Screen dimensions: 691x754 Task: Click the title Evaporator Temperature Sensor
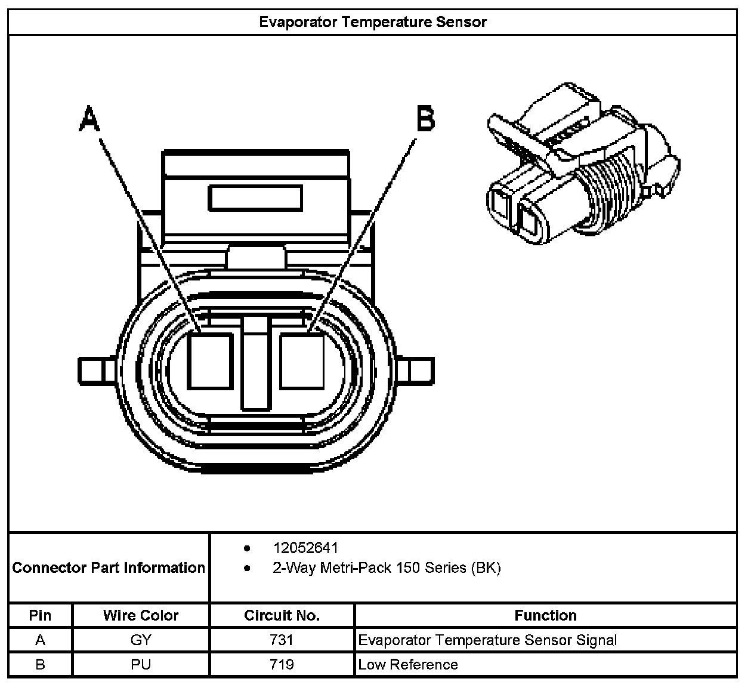pyautogui.click(x=373, y=22)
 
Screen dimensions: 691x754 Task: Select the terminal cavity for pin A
pyautogui.click(x=209, y=361)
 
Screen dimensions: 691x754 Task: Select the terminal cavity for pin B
pyautogui.click(x=302, y=361)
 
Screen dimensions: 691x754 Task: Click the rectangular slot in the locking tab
pyautogui.click(x=255, y=198)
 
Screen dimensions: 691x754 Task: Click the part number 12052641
pyautogui.click(x=305, y=548)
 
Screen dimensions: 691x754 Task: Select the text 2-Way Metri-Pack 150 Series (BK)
pyautogui.click(x=387, y=567)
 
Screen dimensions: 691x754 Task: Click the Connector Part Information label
pyautogui.click(x=109, y=567)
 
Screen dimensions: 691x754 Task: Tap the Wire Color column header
pyautogui.click(x=141, y=615)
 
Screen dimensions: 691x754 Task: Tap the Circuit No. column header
pyautogui.click(x=282, y=615)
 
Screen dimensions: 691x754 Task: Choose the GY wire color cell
pyautogui.click(x=141, y=640)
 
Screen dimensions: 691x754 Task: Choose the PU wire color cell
pyautogui.click(x=141, y=664)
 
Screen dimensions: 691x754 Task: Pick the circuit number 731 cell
pyautogui.click(x=282, y=640)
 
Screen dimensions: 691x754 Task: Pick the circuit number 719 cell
pyautogui.click(x=282, y=664)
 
